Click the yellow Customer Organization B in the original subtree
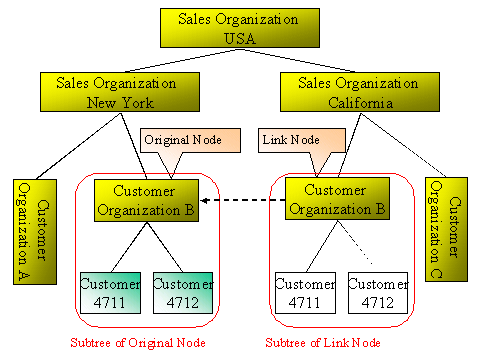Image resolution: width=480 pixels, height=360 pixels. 146,200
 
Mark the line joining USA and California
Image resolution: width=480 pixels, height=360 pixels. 290,60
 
